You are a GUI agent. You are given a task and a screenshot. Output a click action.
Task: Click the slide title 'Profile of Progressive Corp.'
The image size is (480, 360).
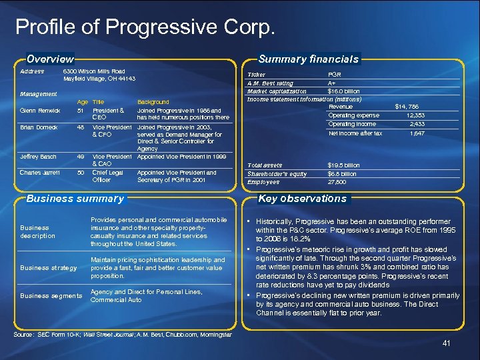pyautogui.click(x=145, y=28)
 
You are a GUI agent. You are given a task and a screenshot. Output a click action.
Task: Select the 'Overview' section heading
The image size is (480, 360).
pyautogui.click(x=50, y=59)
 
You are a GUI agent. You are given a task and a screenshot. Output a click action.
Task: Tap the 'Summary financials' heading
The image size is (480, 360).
pyautogui.click(x=309, y=59)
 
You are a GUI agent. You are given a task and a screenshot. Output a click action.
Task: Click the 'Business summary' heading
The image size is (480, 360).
pyautogui.click(x=75, y=198)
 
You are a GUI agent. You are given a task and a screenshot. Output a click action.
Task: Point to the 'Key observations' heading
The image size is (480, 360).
pyautogui.click(x=302, y=198)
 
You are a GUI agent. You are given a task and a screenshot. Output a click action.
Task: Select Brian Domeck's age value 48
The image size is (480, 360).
pyautogui.click(x=81, y=127)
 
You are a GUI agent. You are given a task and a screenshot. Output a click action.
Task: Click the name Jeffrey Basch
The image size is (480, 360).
pyautogui.click(x=38, y=156)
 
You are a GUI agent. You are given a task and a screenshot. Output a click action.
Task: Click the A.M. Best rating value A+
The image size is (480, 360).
pyautogui.click(x=331, y=83)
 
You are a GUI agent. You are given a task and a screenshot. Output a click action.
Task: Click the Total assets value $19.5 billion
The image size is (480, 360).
pyautogui.click(x=343, y=165)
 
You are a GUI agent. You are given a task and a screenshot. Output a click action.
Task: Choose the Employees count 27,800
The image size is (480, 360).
pyautogui.click(x=337, y=181)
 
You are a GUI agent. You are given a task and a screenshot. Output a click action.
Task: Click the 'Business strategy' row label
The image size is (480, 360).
pyautogui.click(x=49, y=267)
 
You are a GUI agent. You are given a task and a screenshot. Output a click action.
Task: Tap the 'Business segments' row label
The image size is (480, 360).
pyautogui.click(x=51, y=295)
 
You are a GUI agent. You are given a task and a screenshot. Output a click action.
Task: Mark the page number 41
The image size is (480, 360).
pyautogui.click(x=446, y=343)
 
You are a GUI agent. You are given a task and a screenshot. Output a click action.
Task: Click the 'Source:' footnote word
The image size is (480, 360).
pyautogui.click(x=24, y=334)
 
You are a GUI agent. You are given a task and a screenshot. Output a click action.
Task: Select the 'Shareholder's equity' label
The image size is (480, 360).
pyautogui.click(x=277, y=173)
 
